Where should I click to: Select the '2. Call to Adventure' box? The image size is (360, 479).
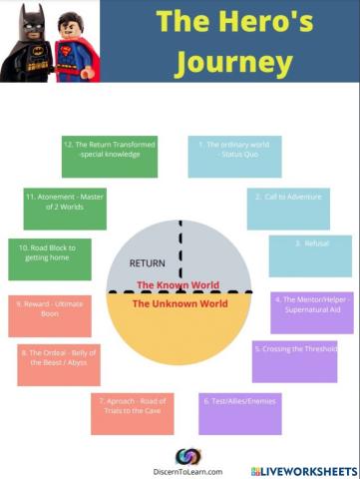288,208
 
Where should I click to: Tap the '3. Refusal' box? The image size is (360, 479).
309,255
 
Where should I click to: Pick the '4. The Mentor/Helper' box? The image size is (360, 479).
311,312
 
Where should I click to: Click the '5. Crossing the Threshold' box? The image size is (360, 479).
294,360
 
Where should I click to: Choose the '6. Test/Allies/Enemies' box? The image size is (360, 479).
239,413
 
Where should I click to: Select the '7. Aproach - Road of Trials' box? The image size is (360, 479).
132,413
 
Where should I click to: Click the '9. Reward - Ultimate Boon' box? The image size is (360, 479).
49,315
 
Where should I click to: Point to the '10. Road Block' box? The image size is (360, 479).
49,258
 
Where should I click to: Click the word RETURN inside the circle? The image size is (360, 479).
147,263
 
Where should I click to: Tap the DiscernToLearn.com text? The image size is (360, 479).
187,471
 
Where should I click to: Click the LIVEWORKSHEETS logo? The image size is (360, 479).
304,470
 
